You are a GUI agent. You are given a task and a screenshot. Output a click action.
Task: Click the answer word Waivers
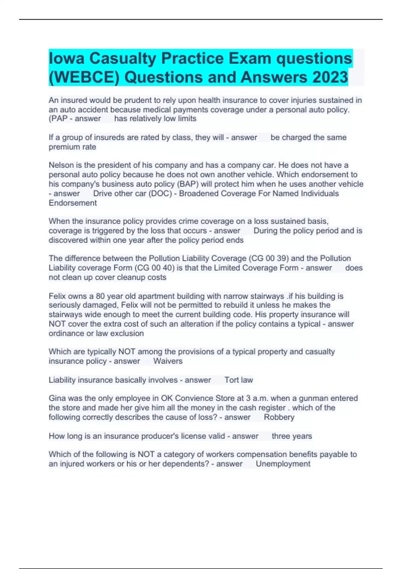[x=168, y=361]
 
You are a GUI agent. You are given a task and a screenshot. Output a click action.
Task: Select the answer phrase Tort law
[x=239, y=380]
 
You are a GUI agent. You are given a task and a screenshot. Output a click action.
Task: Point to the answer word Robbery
[x=279, y=417]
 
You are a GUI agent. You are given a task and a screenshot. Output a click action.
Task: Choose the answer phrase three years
[x=292, y=436]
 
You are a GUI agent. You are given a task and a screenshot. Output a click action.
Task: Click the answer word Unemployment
[x=283, y=464]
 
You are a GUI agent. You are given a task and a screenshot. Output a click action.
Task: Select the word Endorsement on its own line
[x=73, y=203]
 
